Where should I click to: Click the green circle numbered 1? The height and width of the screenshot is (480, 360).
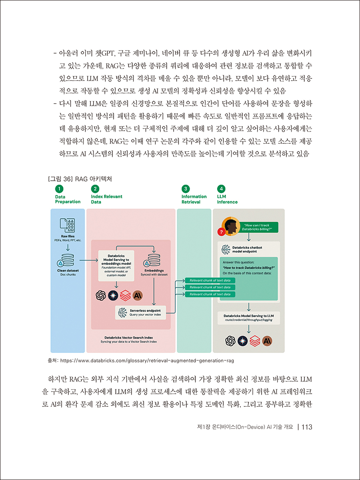point(59,189)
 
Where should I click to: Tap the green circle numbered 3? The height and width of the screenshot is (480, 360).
point(185,189)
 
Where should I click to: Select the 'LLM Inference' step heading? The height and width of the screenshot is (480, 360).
point(227,199)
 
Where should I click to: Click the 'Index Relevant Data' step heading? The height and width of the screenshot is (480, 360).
point(107,199)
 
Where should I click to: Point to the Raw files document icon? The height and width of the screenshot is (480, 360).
point(67,226)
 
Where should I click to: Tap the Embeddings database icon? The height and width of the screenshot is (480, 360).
point(152,260)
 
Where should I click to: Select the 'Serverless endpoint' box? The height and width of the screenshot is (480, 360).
point(141,313)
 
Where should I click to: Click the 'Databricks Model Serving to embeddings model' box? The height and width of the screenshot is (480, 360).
point(116,266)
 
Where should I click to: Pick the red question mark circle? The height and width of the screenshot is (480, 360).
point(221,232)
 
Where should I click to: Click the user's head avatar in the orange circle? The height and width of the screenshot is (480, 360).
point(231,226)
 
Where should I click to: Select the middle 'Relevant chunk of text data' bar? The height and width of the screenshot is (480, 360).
point(210,287)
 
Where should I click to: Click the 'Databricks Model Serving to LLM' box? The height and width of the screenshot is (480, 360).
point(249,318)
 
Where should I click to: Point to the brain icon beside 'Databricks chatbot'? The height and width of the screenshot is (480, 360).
point(226,250)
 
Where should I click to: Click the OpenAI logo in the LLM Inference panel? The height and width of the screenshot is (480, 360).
point(230,341)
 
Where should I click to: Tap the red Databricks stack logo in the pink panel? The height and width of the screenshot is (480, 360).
point(125,295)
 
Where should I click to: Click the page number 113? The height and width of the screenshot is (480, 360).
point(307,427)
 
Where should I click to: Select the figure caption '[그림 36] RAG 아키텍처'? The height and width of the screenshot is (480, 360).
point(80,179)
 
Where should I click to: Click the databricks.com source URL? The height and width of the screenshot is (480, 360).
point(147,361)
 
